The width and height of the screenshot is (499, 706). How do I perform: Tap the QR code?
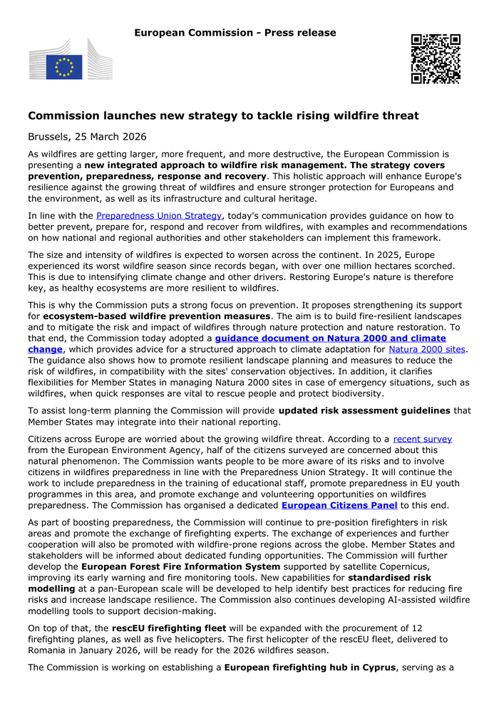[436, 58]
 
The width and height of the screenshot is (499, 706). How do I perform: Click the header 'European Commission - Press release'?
[235, 33]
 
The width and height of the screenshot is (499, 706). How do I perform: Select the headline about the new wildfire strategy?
[223, 115]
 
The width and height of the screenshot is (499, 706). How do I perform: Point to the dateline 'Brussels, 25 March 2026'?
[87, 136]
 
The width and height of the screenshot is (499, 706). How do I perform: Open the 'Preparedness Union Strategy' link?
[159, 215]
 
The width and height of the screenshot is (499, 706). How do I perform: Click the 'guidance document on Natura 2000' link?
[330, 338]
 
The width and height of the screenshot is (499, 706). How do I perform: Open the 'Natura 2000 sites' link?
[427, 349]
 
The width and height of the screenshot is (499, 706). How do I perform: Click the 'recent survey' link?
[423, 439]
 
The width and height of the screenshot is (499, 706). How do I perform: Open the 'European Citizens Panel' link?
[339, 505]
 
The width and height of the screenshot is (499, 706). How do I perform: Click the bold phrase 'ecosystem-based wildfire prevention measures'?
[155, 316]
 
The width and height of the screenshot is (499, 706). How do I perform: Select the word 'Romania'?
[51, 650]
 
